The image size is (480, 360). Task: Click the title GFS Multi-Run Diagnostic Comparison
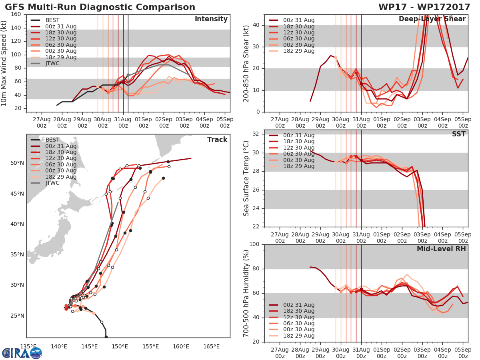pyautogui.click(x=100, y=7)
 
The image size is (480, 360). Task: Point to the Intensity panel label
pyautogui.click(x=211, y=19)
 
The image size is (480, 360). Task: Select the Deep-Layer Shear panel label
pyautogui.click(x=432, y=19)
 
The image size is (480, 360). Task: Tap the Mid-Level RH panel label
pyautogui.click(x=441, y=249)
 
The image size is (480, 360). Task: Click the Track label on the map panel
pyautogui.click(x=217, y=140)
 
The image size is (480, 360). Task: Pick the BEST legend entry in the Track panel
pyautogui.click(x=52, y=140)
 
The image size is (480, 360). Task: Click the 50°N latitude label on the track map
pyautogui.click(x=17, y=163)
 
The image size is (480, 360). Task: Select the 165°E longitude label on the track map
pyautogui.click(x=211, y=346)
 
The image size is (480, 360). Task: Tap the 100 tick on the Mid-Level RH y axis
pyautogui.click(x=254, y=244)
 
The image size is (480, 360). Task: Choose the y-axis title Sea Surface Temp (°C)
pyautogui.click(x=246, y=178)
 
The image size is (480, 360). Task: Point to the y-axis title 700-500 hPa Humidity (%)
pyautogui.click(x=246, y=293)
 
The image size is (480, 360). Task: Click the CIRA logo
pyautogui.click(x=22, y=353)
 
